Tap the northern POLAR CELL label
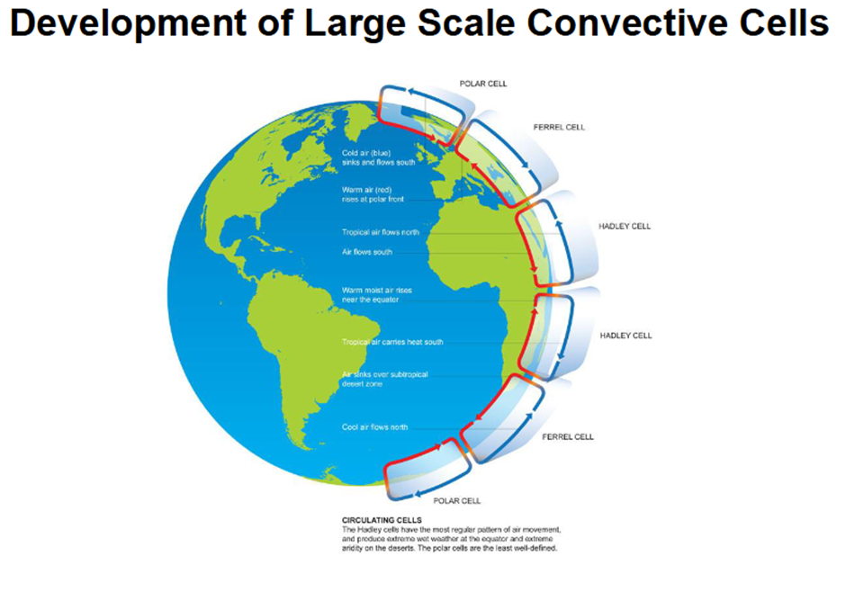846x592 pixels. coord(483,84)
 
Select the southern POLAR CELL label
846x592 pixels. coord(457,501)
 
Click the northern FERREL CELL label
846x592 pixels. coord(559,127)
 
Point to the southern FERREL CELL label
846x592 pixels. coord(568,436)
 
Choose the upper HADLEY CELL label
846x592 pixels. coord(625,227)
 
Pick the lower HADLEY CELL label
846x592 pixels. coord(625,336)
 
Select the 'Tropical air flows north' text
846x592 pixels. coord(381,232)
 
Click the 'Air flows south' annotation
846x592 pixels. coord(367,252)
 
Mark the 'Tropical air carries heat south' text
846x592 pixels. coord(392,342)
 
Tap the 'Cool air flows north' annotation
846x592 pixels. coord(374,427)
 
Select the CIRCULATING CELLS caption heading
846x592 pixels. coord(382,520)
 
